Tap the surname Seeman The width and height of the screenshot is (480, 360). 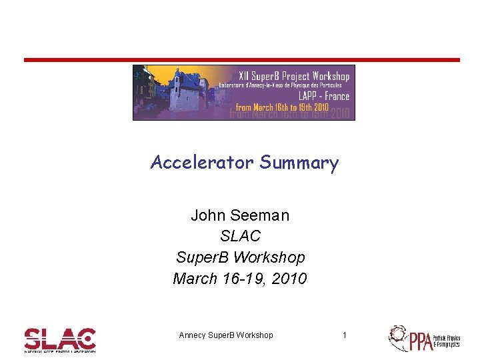[261, 215]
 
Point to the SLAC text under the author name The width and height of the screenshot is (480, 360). [240, 236]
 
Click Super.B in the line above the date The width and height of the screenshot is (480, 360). [203, 257]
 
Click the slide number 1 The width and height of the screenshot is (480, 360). [344, 335]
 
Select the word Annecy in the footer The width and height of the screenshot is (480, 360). [193, 335]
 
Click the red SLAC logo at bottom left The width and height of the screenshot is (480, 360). [60, 339]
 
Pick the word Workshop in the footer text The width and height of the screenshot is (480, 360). [254, 335]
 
